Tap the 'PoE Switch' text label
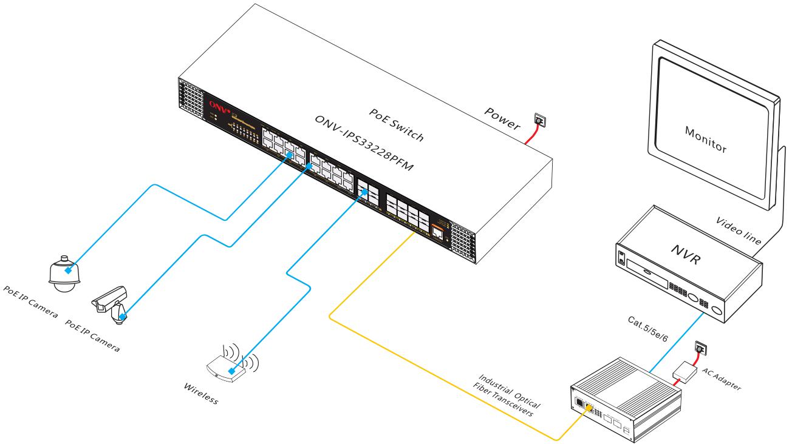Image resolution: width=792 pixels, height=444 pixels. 397,125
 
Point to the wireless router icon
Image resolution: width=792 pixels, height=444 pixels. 230,368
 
